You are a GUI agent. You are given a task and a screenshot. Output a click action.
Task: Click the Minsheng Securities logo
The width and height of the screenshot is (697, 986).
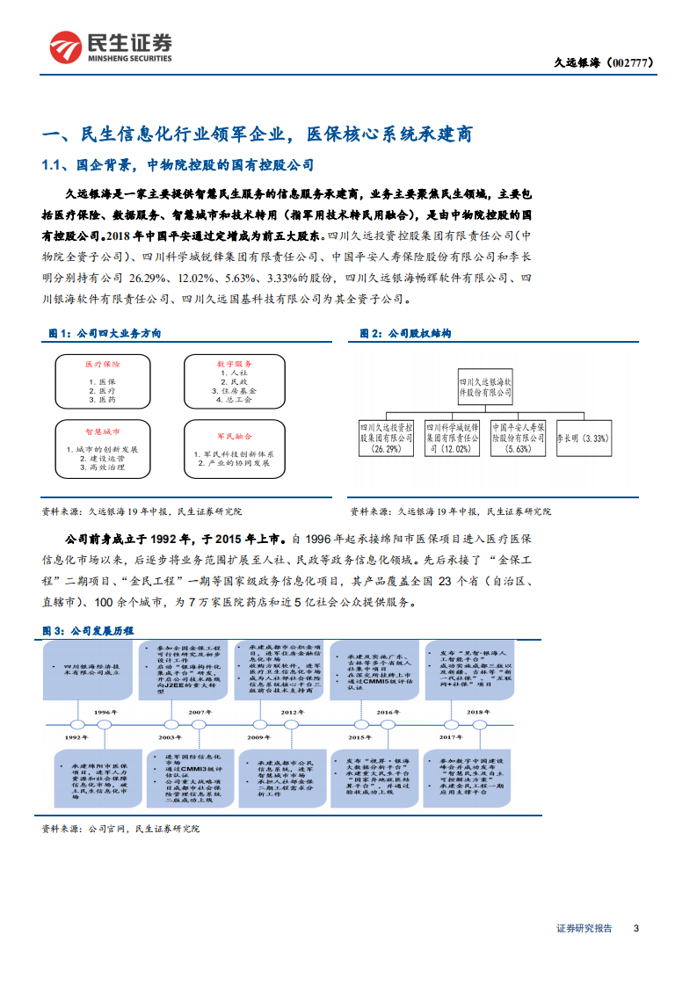[110, 47]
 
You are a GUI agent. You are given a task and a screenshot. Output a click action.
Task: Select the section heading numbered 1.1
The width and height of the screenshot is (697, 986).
[178, 165]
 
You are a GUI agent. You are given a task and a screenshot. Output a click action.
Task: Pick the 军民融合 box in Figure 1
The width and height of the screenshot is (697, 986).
[235, 448]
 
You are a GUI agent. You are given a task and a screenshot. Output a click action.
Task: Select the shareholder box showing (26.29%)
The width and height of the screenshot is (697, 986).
[386, 437]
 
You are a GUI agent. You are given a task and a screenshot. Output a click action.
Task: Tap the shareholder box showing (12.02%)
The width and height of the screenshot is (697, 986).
[453, 437]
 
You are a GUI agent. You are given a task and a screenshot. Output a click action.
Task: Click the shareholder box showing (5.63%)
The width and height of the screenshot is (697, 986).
[519, 437]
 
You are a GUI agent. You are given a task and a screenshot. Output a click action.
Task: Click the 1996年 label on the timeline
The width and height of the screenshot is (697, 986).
[105, 713]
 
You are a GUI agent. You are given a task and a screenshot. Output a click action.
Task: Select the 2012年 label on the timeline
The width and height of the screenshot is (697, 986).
[293, 713]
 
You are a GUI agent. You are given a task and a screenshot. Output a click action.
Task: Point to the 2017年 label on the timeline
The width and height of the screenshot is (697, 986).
[451, 737]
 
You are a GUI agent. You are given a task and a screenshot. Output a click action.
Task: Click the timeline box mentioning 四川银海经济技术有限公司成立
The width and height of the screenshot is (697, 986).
[92, 671]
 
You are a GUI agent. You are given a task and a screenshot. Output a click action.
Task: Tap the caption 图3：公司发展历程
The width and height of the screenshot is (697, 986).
[88, 631]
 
